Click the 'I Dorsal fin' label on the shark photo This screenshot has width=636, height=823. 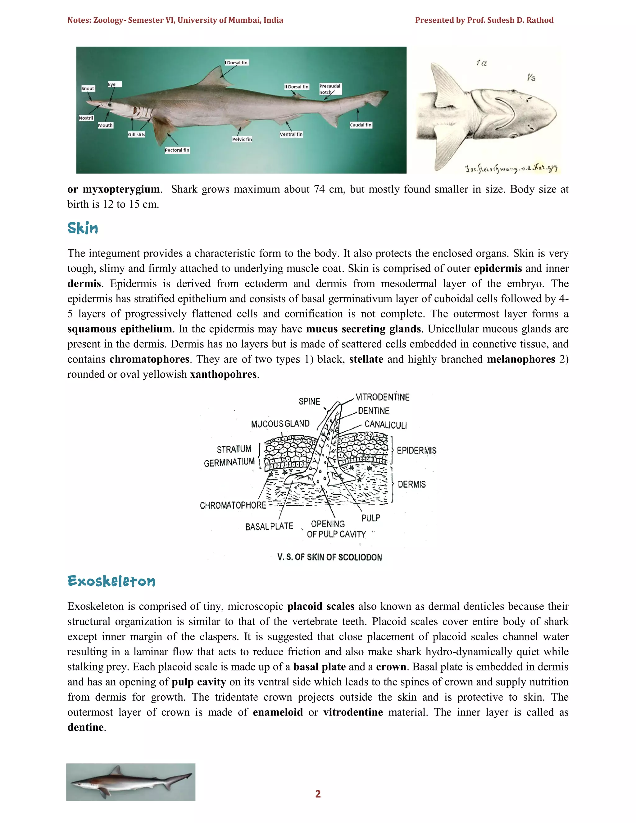point(237,62)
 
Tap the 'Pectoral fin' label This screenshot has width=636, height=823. point(177,150)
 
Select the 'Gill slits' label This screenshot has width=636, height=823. point(136,134)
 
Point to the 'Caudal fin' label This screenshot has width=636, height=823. point(361,125)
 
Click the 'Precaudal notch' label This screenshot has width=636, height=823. point(330,89)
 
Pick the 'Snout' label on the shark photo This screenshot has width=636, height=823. point(88,89)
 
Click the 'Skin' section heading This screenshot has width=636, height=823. point(83,228)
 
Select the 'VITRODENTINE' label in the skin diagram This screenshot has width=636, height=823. point(382,397)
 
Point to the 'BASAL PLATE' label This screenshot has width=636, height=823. point(269,526)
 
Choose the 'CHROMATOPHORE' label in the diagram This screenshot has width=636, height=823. point(233,505)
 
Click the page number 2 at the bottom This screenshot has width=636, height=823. point(318,794)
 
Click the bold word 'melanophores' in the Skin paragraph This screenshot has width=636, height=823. point(521,359)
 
